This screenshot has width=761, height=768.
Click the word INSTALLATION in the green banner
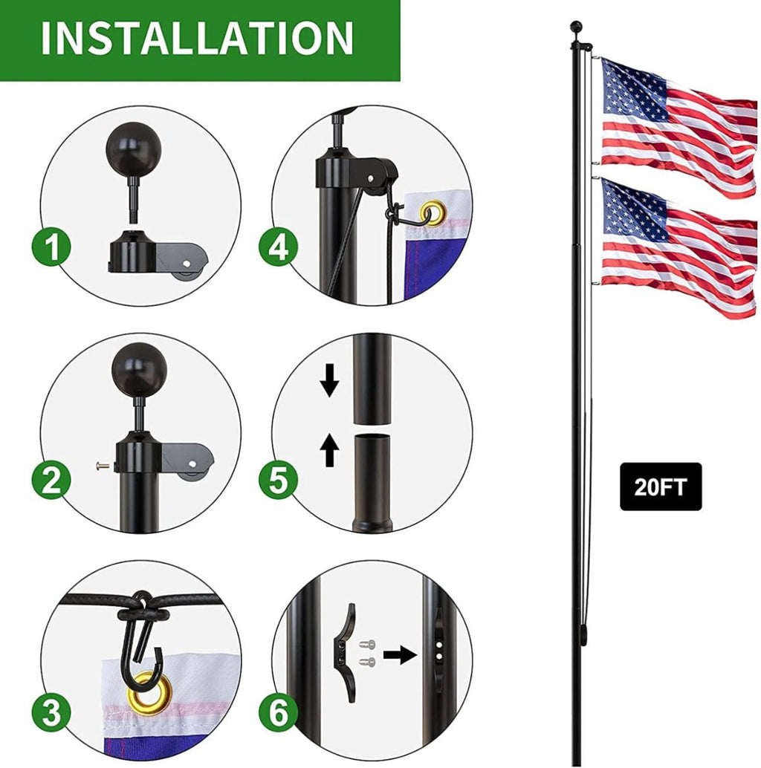coord(197,38)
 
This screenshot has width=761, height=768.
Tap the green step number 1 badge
coord(52,247)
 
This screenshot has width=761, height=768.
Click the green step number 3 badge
coord(52,712)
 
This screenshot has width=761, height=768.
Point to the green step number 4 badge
coord(279,247)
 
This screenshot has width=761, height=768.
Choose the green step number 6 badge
coord(279,712)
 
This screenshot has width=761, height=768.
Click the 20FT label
coord(661,486)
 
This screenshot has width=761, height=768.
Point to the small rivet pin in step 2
coord(103,466)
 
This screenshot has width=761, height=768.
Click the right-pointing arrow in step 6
coord(399,654)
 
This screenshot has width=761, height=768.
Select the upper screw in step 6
coord(369,645)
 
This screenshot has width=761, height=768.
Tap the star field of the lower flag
coord(635,209)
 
